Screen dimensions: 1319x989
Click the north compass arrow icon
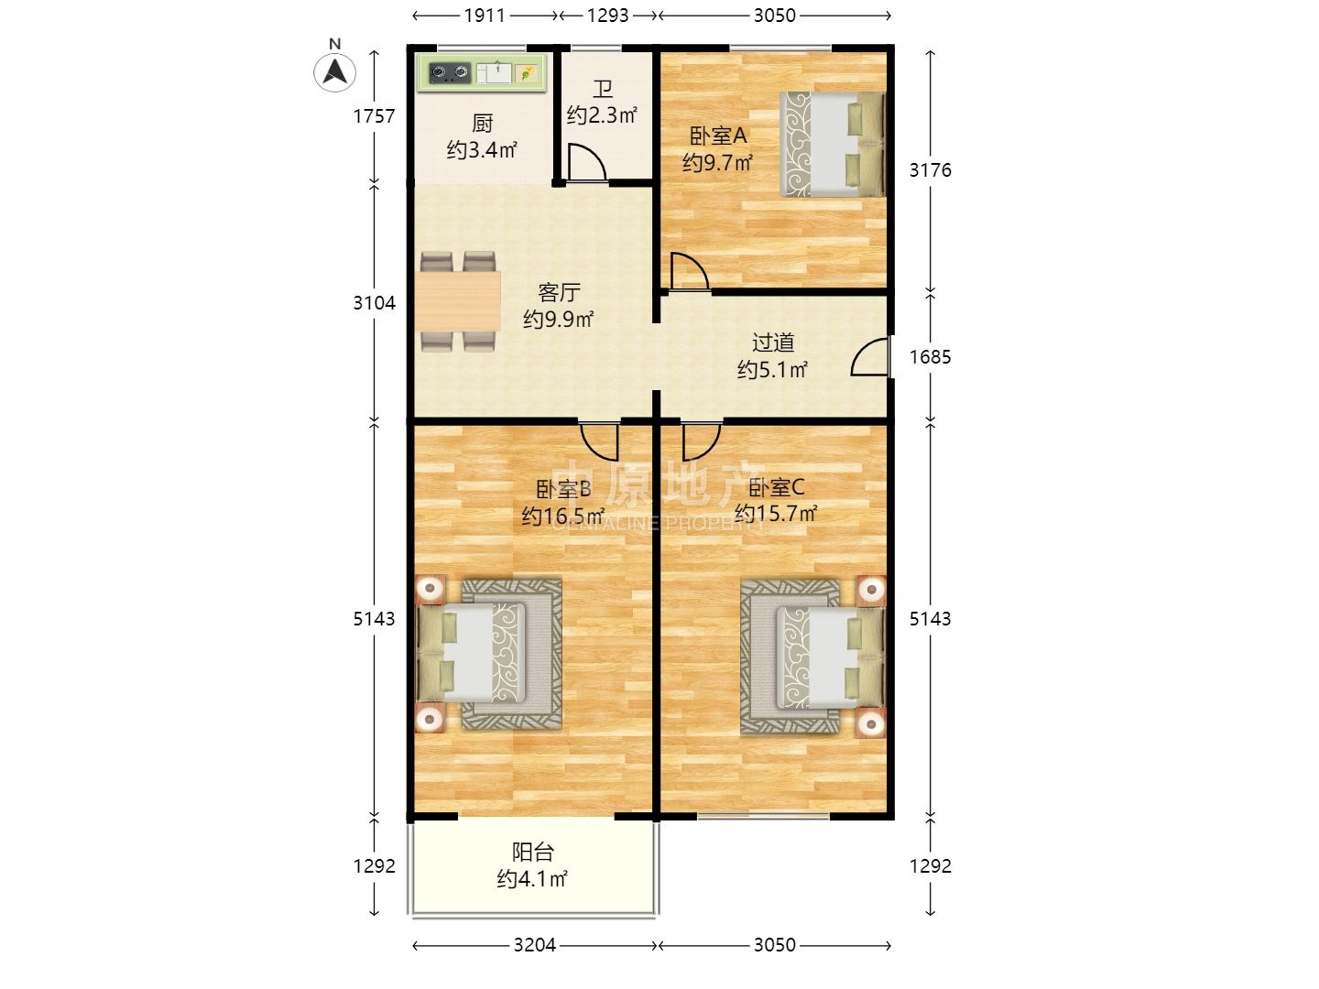334,71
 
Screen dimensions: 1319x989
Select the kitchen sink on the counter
495,72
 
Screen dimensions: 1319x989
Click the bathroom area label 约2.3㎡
602,114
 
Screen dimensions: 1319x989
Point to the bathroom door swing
587,162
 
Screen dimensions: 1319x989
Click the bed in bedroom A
833,144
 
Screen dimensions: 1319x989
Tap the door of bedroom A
690,272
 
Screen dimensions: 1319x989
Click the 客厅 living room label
559,292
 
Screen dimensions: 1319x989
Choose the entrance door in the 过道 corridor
870,357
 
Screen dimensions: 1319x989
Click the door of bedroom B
599,442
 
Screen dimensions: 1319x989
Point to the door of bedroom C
702,442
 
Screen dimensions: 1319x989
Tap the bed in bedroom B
473,654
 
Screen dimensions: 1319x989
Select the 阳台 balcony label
532,852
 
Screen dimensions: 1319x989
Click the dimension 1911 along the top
485,16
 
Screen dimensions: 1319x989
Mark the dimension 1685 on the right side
930,357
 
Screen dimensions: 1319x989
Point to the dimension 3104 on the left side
374,302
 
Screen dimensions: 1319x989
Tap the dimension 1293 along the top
607,16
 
